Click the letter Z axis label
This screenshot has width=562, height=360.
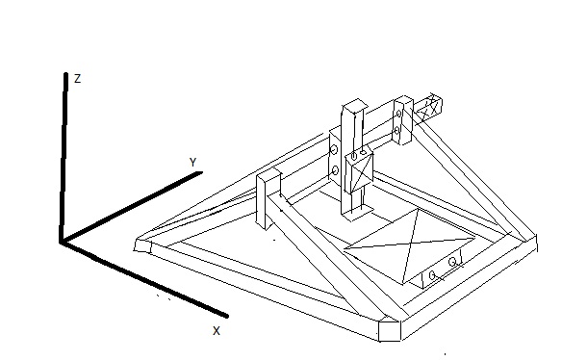click(77, 79)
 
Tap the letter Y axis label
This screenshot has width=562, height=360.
click(193, 162)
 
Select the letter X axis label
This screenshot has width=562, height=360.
click(217, 330)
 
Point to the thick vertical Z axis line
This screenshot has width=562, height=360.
click(64, 158)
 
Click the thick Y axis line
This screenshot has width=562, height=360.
click(132, 207)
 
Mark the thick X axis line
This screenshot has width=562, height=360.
click(144, 279)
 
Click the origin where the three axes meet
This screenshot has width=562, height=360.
click(63, 242)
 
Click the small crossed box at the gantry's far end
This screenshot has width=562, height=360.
click(428, 107)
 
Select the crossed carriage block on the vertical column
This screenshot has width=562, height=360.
click(359, 172)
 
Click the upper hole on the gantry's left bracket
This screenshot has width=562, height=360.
click(334, 149)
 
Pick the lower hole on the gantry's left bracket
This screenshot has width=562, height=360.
click(335, 171)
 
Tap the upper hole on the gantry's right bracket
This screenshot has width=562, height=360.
click(399, 114)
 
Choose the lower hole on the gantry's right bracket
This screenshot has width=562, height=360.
click(397, 131)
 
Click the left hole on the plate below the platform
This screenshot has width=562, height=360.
click(432, 275)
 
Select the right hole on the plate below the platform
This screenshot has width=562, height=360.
click(452, 262)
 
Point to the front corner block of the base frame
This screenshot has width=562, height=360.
click(390, 329)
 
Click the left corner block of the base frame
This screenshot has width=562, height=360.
click(142, 244)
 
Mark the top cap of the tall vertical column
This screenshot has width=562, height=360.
click(355, 105)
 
